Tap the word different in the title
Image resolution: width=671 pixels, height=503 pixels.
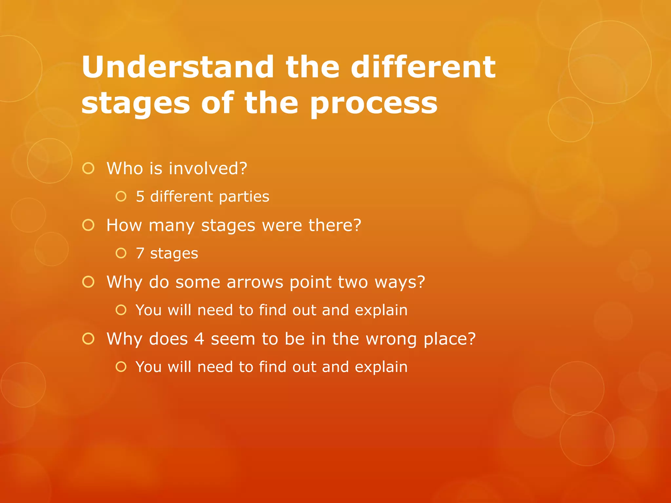pyautogui.click(x=423, y=67)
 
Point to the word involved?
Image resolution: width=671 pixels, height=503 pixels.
pyautogui.click(x=208, y=168)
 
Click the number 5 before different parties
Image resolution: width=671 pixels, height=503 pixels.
pyautogui.click(x=140, y=197)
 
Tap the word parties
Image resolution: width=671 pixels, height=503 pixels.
pyautogui.click(x=244, y=197)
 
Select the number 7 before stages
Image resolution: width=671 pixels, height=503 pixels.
pyautogui.click(x=140, y=253)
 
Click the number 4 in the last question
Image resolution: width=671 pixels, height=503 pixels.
pyautogui.click(x=199, y=339)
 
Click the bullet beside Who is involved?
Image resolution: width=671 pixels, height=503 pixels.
pyautogui.click(x=88, y=168)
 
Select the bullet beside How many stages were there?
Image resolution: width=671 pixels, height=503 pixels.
pyautogui.click(x=88, y=225)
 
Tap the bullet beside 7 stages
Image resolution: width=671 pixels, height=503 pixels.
pyautogui.click(x=121, y=253)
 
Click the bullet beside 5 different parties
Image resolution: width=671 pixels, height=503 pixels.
pyautogui.click(x=121, y=196)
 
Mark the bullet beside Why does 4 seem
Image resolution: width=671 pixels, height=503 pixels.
pyautogui.click(x=88, y=339)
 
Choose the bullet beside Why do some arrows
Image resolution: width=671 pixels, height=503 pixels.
pyautogui.click(x=88, y=282)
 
